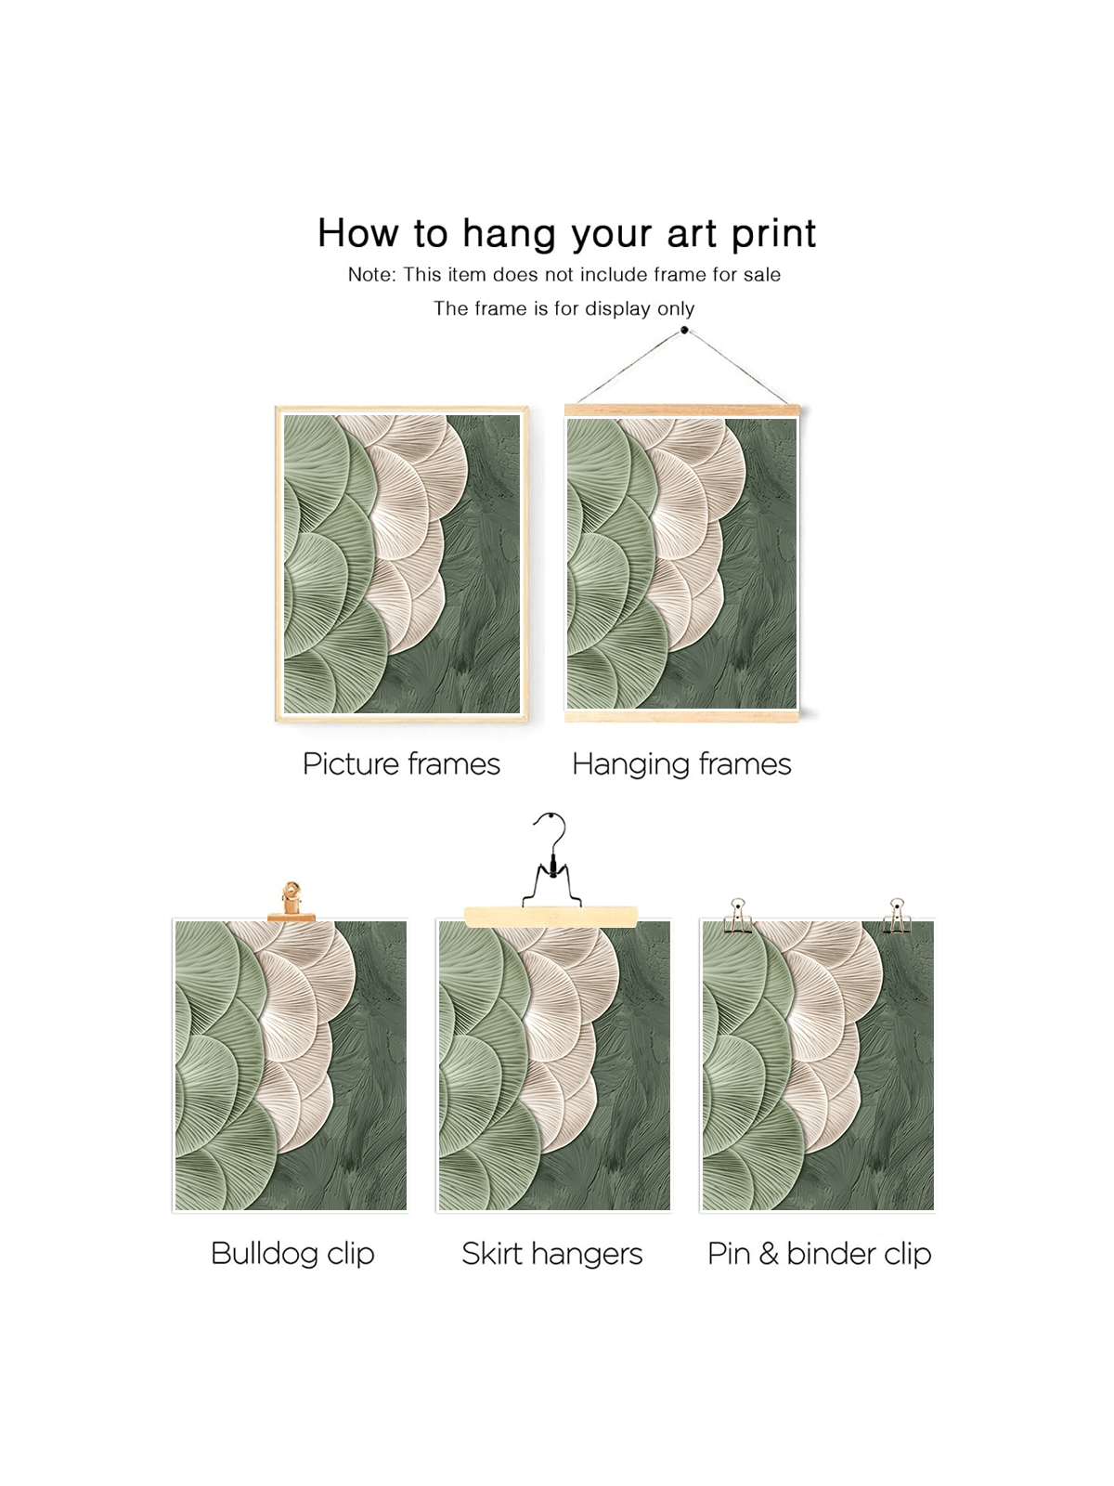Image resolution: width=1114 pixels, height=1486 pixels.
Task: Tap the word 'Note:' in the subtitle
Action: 371,275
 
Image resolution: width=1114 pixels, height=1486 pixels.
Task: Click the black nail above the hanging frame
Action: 684,331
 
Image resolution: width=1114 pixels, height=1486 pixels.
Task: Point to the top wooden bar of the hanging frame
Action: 681,411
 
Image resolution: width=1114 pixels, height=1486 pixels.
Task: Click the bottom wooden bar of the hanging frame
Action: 681,716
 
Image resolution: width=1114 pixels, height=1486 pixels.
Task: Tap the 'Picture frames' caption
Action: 401,765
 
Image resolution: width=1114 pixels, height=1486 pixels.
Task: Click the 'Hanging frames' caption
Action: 681,765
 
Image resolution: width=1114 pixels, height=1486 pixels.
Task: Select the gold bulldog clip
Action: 291,902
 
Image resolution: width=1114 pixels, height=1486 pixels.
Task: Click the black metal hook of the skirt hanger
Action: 552,860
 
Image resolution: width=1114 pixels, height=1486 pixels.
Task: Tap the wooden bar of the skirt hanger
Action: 551,916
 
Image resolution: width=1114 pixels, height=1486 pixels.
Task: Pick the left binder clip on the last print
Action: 738,916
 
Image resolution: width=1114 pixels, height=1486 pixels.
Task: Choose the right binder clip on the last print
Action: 897,916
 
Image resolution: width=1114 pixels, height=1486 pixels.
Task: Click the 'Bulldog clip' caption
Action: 292,1254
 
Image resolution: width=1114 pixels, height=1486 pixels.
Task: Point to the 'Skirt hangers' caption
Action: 552,1254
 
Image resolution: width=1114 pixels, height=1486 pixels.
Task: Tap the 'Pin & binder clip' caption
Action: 819,1254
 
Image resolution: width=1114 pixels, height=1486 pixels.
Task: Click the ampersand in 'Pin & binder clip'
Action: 769,1254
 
